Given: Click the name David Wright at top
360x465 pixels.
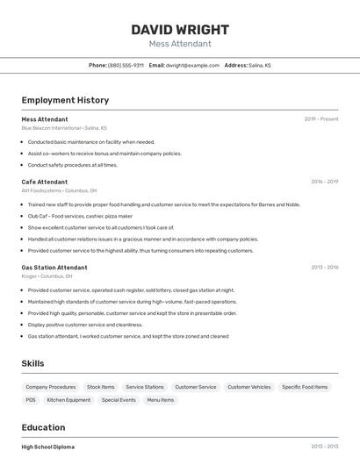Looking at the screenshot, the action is [x=180, y=29].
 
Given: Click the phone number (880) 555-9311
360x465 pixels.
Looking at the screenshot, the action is [x=126, y=65].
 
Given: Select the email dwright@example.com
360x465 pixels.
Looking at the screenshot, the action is [x=192, y=65].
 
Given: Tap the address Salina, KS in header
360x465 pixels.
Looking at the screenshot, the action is [x=260, y=65].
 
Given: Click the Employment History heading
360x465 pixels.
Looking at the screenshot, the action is [x=65, y=100].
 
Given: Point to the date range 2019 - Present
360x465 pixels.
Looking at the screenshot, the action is [x=321, y=118].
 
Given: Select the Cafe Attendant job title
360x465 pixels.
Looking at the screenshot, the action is [x=45, y=182].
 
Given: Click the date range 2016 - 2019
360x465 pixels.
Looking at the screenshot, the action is [x=325, y=182].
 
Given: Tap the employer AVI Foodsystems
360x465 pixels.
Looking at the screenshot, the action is [x=41, y=190].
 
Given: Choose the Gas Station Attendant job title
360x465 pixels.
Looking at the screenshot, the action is [x=54, y=267].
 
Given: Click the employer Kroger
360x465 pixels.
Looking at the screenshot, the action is [x=29, y=276].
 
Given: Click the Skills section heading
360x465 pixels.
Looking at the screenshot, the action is [x=32, y=363].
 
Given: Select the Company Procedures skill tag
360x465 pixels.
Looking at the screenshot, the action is [x=51, y=387].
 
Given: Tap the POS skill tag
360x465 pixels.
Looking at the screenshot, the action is [x=31, y=400].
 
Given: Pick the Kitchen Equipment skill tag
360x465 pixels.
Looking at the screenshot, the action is [x=68, y=400].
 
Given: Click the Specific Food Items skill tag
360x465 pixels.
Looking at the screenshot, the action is [x=305, y=387].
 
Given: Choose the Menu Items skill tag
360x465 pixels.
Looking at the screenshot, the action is [x=160, y=400].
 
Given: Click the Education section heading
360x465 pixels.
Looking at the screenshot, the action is [x=44, y=427].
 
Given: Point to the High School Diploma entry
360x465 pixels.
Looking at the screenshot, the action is [x=48, y=447].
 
